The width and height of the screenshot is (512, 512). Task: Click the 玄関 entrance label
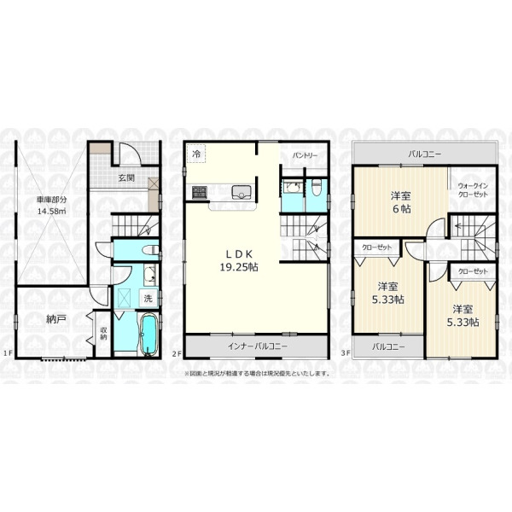pyautogui.click(x=126, y=178)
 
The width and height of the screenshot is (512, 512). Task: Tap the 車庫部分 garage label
pyautogui.click(x=51, y=200)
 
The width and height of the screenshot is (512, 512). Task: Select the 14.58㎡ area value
pyautogui.click(x=51, y=211)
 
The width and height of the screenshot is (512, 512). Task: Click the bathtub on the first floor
pyautogui.click(x=148, y=334)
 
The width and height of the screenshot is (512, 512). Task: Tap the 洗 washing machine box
pyautogui.click(x=148, y=298)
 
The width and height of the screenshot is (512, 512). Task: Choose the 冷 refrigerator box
pyautogui.click(x=196, y=154)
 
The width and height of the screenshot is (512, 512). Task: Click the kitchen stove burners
pyautogui.click(x=199, y=192)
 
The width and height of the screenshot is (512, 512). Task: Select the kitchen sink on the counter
pyautogui.click(x=241, y=192)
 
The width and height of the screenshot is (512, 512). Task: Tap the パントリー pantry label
pyautogui.click(x=305, y=155)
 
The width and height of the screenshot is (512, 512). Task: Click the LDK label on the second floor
pyautogui.click(x=239, y=253)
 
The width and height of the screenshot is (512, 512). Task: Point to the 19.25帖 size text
pyautogui.click(x=239, y=267)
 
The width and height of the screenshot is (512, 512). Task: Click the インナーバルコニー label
pyautogui.click(x=258, y=346)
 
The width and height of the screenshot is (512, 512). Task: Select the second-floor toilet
pyautogui.click(x=316, y=188)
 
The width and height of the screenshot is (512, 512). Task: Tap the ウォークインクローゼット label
pyautogui.click(x=473, y=190)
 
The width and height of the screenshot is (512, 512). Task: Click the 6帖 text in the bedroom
pyautogui.click(x=402, y=209)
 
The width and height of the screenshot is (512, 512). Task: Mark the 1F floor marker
pyautogui.click(x=9, y=352)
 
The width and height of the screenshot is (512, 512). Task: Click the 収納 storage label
pyautogui.click(x=103, y=334)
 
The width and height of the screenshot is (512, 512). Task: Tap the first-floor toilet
pyautogui.click(x=150, y=250)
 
